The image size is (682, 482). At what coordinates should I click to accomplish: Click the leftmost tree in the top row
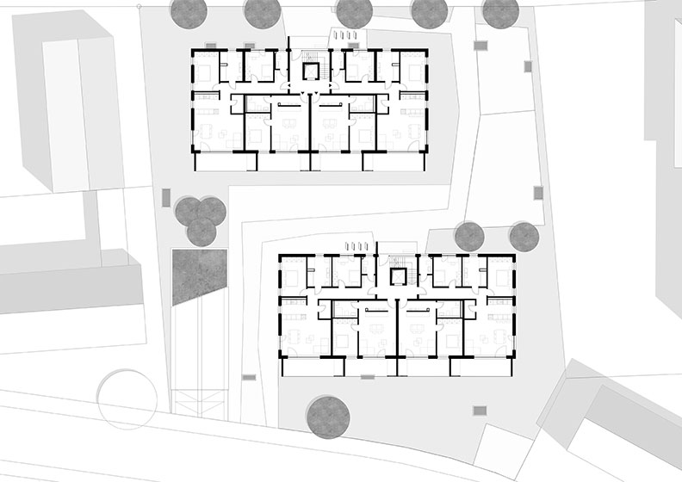[x=189, y=10]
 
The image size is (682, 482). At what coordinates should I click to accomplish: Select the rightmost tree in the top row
[x=500, y=10]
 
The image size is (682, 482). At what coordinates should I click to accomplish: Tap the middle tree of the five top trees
[x=353, y=10]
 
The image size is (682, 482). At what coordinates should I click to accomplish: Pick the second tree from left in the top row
[x=262, y=10]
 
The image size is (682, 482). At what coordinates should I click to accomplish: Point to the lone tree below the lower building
[x=329, y=414]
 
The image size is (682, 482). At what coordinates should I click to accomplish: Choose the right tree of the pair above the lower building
[x=524, y=236]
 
